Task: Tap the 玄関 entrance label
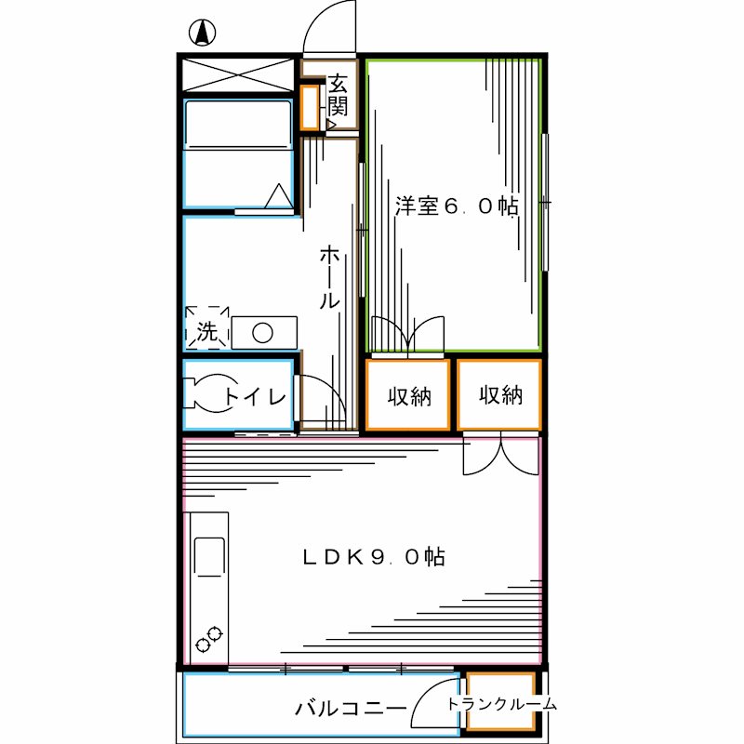[x=336, y=94]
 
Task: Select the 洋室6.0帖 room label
[x=456, y=206]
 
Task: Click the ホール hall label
[x=328, y=277]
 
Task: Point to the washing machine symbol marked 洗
[x=206, y=329]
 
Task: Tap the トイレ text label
[x=254, y=398]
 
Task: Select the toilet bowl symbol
[x=207, y=392]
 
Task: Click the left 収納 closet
[x=409, y=396]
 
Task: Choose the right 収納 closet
[x=500, y=396]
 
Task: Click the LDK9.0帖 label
[x=372, y=557]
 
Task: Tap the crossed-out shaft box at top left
[x=238, y=74]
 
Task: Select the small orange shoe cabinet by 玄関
[x=309, y=108]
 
